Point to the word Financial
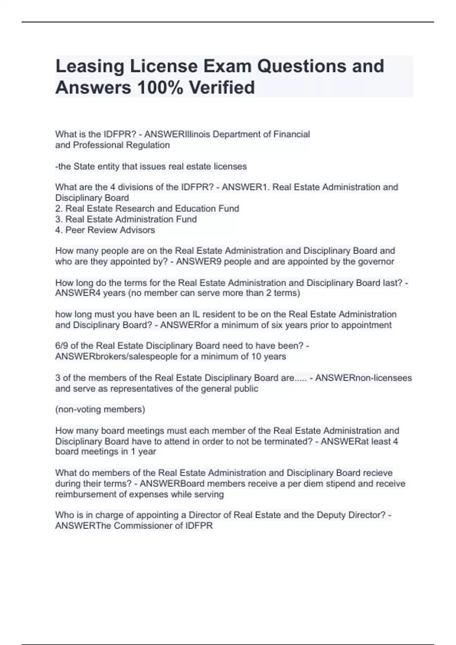click(x=291, y=134)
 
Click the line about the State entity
click(x=151, y=166)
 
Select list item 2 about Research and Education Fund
click(x=147, y=209)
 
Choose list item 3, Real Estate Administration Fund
click(x=126, y=219)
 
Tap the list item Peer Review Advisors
click(x=105, y=230)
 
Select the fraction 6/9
click(x=62, y=346)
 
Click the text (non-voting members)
click(x=100, y=409)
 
